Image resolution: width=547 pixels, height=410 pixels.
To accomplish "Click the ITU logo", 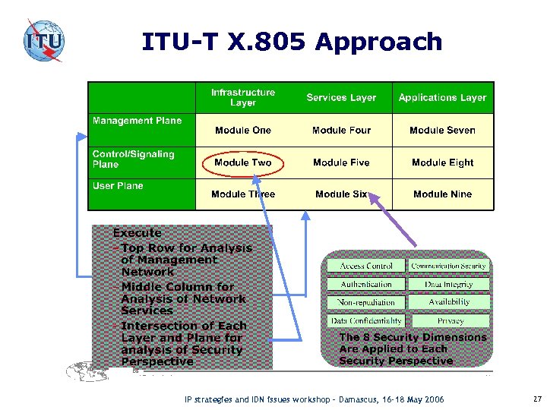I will click(43, 40).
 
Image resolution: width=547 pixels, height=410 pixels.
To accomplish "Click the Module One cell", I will click(243, 131).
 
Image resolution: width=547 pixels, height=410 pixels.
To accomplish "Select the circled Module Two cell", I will click(243, 162).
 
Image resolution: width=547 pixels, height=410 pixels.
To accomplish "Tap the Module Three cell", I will click(243, 194).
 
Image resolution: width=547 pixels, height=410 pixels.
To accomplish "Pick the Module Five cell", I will click(341, 162).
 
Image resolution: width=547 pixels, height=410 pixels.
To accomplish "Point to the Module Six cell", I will click(341, 194).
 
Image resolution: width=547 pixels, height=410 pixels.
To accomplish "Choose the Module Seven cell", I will click(442, 131).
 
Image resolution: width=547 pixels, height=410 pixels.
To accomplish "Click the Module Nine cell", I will click(442, 194).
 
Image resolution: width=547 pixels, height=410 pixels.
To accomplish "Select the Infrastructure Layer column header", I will click(243, 97).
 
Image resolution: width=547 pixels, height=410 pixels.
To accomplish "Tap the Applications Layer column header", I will click(442, 97).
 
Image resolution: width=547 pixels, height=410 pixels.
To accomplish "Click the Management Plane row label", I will click(138, 121).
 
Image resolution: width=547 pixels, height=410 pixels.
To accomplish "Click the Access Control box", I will click(366, 266).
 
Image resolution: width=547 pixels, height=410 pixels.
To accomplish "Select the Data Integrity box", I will click(449, 284).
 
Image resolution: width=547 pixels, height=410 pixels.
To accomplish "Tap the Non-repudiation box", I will click(366, 302).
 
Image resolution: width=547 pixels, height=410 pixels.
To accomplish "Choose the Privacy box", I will click(449, 321).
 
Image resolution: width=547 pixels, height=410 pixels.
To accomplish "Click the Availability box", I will click(449, 302).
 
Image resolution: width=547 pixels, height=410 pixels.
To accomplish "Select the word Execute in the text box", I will click(137, 233).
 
